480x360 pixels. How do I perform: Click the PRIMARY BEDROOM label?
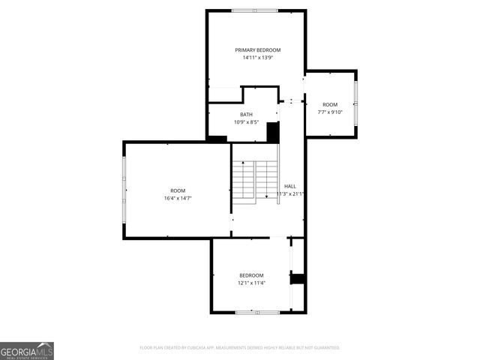point(257,50)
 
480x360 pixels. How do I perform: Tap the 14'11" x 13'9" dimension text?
point(257,58)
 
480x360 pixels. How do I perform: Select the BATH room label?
point(246,114)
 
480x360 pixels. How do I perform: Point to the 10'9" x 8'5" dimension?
point(246,121)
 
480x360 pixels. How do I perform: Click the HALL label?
point(290,186)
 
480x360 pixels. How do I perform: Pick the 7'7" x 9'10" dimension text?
point(330,112)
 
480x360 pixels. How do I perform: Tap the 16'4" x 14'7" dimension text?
point(178,198)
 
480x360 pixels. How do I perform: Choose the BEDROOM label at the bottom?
point(251,275)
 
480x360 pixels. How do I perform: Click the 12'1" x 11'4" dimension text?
point(251,283)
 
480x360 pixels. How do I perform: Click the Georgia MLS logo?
point(27,351)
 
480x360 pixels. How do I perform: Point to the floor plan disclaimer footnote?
point(240,348)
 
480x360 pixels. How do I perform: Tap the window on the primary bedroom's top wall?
point(254,10)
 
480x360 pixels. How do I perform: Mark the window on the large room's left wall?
point(124,190)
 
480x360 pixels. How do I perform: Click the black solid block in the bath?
point(273,132)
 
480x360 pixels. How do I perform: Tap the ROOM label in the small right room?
point(330,104)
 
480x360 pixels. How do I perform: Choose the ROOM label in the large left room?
point(178,190)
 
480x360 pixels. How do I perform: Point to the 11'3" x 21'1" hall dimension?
point(290,193)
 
